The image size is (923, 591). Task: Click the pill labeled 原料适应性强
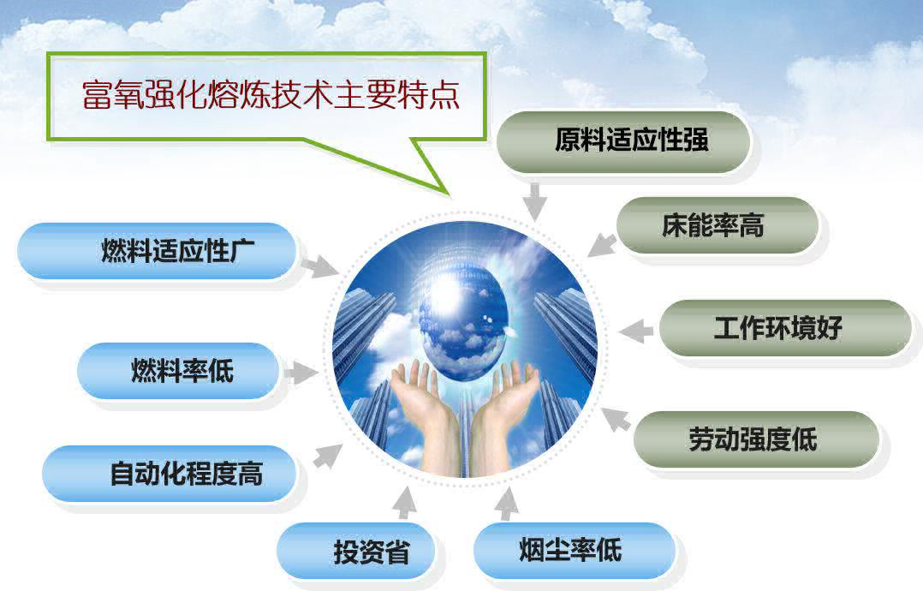(x=623, y=142)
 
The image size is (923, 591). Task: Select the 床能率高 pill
(x=718, y=225)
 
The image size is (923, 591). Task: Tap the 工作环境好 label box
(x=785, y=328)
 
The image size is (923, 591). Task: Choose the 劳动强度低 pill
(x=756, y=439)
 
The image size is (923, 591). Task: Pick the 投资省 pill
(x=356, y=552)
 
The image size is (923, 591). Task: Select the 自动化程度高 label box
(x=169, y=474)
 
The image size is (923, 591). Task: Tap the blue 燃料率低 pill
(x=178, y=372)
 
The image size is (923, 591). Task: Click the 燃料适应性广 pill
(x=157, y=251)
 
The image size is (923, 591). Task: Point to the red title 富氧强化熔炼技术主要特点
(x=271, y=95)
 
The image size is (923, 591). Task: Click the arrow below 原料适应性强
(x=534, y=201)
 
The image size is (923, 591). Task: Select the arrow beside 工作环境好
(x=636, y=331)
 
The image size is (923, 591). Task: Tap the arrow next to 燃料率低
(x=301, y=373)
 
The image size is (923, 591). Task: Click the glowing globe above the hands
(x=462, y=318)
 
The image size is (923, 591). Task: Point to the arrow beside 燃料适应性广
(x=319, y=266)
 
